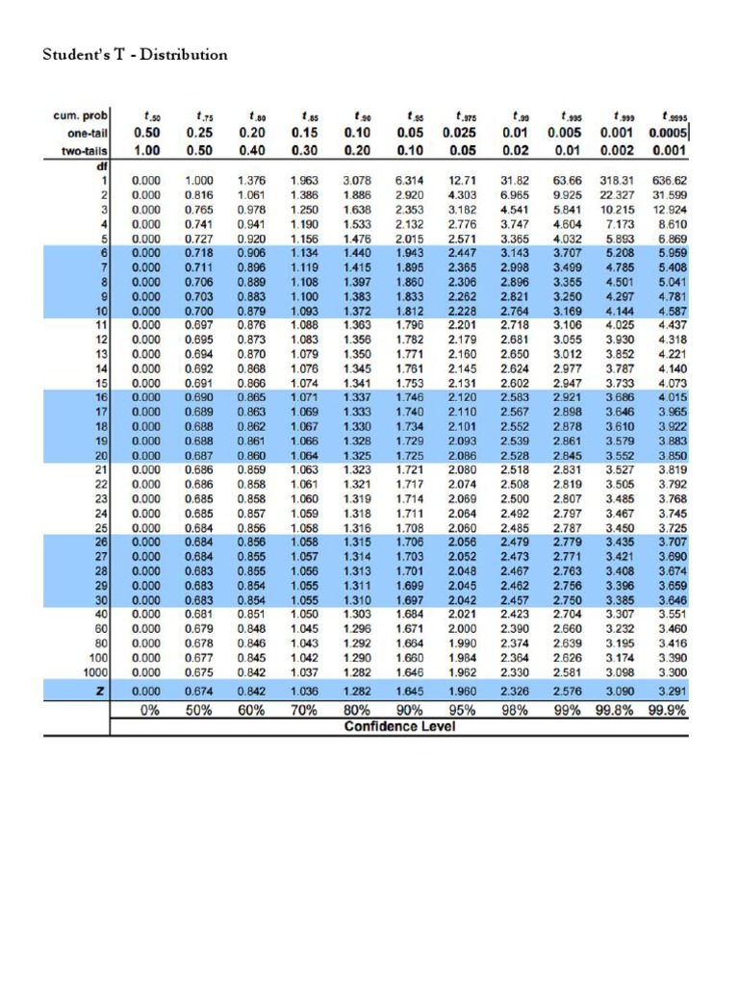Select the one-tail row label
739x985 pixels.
point(85,134)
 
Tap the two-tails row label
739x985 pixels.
point(83,151)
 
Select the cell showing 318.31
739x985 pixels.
point(615,179)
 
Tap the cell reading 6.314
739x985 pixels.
point(410,179)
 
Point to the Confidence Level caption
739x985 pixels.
point(399,726)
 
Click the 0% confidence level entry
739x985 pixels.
point(146,710)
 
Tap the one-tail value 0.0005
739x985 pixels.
point(667,134)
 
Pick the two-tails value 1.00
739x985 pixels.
point(146,151)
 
